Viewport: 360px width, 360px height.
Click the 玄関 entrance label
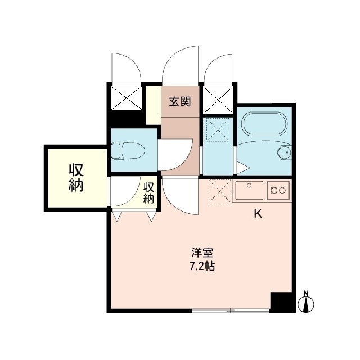[x=180, y=101]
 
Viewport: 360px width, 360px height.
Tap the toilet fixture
[x=128, y=151]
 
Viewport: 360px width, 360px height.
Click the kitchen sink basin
[x=249, y=190]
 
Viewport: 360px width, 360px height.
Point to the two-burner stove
[x=278, y=190]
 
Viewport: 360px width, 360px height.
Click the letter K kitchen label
[x=258, y=214]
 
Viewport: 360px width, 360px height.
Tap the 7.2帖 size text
[x=202, y=266]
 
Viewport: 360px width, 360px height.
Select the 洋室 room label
[x=202, y=253]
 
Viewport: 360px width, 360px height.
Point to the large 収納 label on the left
[x=76, y=178]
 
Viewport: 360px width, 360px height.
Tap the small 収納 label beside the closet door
[x=148, y=193]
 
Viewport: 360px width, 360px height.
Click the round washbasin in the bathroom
[x=285, y=151]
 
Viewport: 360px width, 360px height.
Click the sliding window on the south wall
[x=231, y=310]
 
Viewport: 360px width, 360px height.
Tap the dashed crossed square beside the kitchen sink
[x=220, y=191]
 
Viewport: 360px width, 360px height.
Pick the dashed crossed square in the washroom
[x=218, y=129]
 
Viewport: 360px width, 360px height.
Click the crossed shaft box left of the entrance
[x=126, y=98]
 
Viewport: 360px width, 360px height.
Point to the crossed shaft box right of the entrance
[x=218, y=100]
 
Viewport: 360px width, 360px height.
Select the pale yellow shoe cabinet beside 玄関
[x=154, y=105]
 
